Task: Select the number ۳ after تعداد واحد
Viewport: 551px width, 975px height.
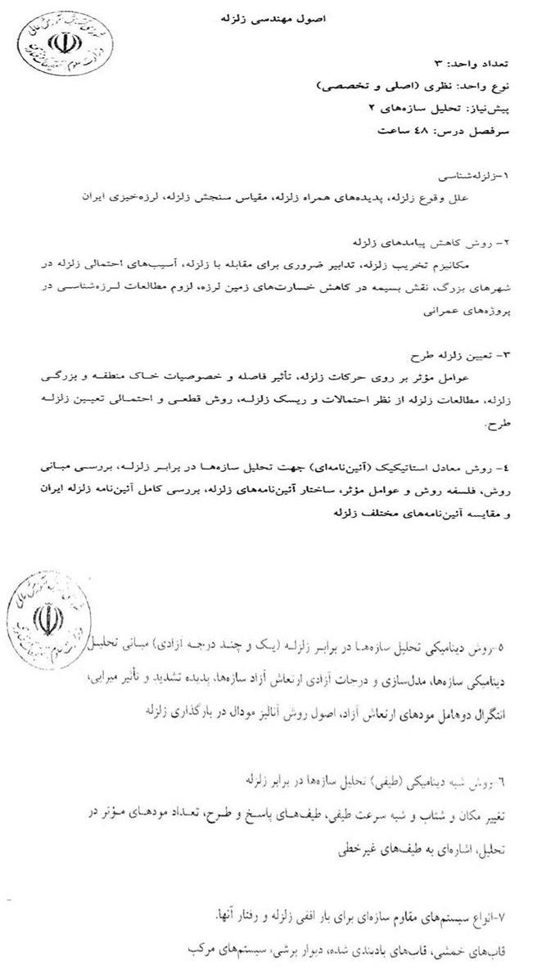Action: [438, 63]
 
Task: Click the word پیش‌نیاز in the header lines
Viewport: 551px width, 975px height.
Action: [488, 108]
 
